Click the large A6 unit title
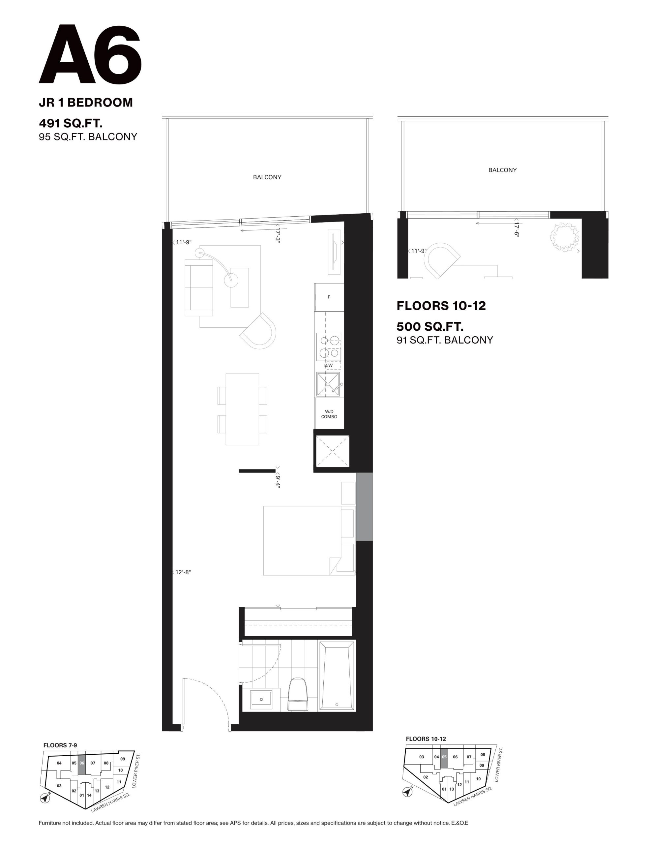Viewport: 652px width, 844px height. coord(90,54)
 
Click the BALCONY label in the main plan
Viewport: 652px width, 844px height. coord(267,177)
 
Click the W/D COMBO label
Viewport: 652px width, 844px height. coord(329,414)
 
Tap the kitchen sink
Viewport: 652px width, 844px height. coord(328,384)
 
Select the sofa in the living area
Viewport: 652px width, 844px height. coord(199,288)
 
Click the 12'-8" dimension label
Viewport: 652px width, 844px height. coord(183,572)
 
